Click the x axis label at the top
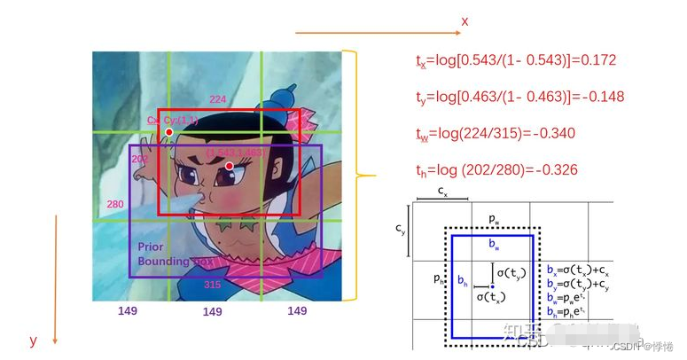[x=464, y=20]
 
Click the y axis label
[x=33, y=340]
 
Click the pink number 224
[x=217, y=99]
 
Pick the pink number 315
[x=212, y=285]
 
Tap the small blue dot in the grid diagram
[x=492, y=286]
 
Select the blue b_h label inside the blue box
[x=462, y=280]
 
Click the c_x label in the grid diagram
[x=441, y=191]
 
